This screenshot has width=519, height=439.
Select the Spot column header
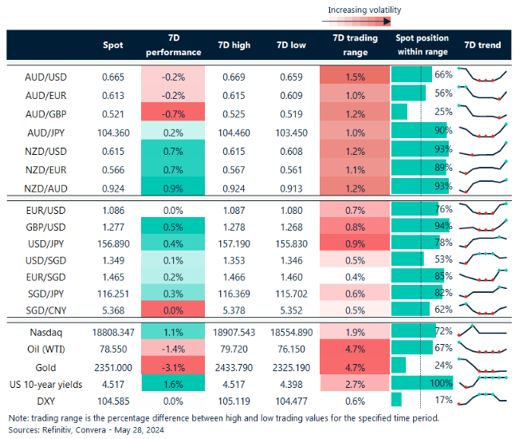point(113,45)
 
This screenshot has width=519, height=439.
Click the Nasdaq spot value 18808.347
point(113,330)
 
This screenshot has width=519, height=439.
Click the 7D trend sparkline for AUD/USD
point(486,76)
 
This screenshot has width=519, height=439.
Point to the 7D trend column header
point(482,45)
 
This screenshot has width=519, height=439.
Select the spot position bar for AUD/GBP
point(400,112)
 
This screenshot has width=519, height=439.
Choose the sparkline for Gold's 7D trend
point(486,366)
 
